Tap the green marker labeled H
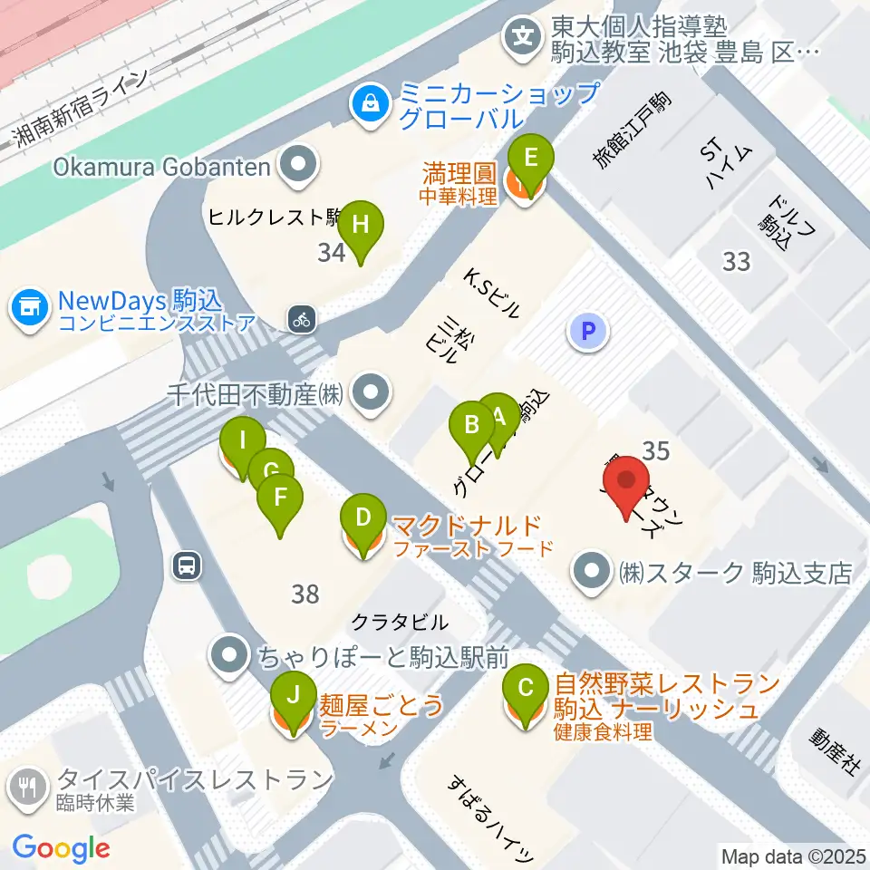pos(360,225)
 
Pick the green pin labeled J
pos(292,696)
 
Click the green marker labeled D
pos(362,520)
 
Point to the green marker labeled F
pos(281,498)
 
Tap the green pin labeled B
pos(471,425)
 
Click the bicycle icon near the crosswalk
pos(302,318)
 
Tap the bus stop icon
pos(186,566)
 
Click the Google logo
pos(61,848)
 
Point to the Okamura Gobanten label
pos(162,166)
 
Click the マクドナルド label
pos(467,526)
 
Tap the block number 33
pos(737,262)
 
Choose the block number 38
pos(305,594)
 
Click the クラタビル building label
pos(399,623)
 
